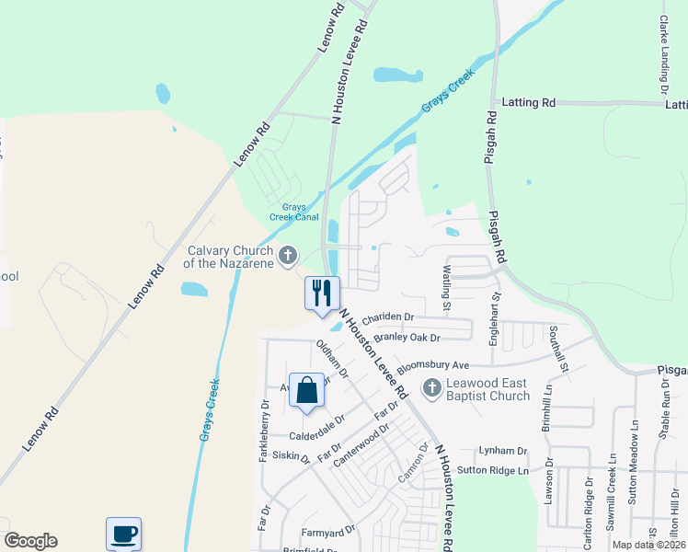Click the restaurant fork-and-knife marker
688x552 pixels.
322,293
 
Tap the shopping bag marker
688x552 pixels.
307,390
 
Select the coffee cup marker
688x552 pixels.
124,533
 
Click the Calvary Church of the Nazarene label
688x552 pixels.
230,257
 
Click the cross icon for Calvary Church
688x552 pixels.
288,255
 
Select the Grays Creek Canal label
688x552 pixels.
293,213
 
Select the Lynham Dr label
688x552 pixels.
503,451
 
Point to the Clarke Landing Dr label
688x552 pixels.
663,54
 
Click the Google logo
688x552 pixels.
30,541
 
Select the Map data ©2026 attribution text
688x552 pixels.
648,545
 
